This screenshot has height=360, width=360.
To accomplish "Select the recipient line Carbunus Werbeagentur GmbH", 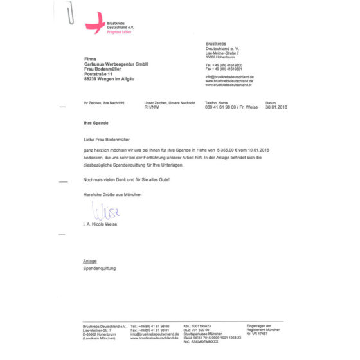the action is point(116,64).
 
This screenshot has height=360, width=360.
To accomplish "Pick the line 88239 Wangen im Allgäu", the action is point(113,80).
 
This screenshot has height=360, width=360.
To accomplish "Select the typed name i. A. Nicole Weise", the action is point(105,224).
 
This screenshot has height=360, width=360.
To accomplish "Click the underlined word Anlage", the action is point(90,261).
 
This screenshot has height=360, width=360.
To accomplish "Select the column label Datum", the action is point(271,103).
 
